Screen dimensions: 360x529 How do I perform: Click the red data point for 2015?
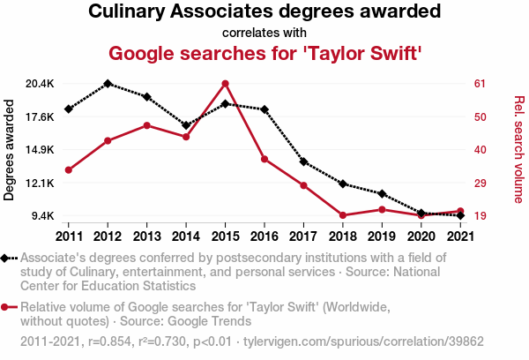click(x=225, y=84)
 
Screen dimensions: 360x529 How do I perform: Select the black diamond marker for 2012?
click(x=108, y=84)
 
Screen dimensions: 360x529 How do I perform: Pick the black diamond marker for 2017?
click(x=303, y=161)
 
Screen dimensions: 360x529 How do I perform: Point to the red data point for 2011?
click(x=69, y=169)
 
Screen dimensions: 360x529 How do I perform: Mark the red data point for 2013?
click(x=146, y=125)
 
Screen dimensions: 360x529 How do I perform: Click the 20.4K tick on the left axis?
click(x=40, y=84)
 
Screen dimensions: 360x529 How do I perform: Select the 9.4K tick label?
click(x=42, y=216)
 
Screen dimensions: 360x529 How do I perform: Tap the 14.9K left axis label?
click(x=40, y=150)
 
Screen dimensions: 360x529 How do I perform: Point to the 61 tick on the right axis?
click(x=481, y=84)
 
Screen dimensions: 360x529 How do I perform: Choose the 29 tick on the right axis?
click(x=481, y=183)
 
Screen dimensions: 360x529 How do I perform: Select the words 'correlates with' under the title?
click(x=264, y=34)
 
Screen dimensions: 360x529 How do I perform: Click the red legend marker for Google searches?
click(x=8, y=307)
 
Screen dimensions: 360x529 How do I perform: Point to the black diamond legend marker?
click(x=8, y=258)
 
